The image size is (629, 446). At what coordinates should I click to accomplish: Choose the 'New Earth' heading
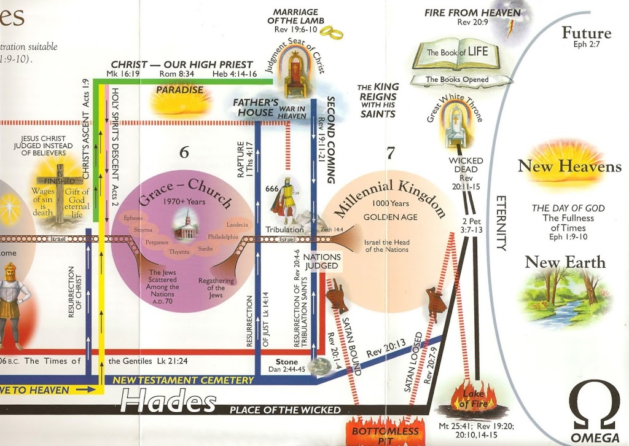[x=565, y=262]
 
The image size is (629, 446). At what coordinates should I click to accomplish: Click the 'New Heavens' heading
[x=569, y=166]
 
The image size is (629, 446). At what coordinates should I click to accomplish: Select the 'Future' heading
[x=587, y=33]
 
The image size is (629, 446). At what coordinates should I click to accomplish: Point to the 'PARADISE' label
[x=179, y=90]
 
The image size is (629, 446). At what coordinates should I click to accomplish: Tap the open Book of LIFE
[x=458, y=53]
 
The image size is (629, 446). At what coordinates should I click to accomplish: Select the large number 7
[x=390, y=153]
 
